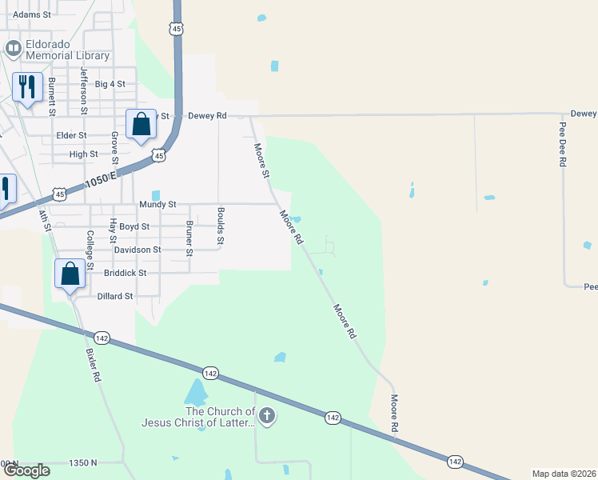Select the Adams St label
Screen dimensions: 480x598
click(32, 14)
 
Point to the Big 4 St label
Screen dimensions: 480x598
click(110, 84)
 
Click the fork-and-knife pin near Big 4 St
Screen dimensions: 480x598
click(28, 87)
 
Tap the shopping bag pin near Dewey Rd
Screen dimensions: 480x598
click(141, 125)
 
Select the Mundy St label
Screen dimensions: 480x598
click(156, 205)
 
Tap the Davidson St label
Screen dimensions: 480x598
click(138, 250)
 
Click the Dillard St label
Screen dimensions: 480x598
click(115, 296)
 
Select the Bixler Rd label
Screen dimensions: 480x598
click(92, 364)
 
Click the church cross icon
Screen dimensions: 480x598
click(268, 415)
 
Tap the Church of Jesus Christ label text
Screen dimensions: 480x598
click(199, 417)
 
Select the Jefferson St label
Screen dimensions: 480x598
click(82, 88)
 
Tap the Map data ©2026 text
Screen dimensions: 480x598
click(564, 474)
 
